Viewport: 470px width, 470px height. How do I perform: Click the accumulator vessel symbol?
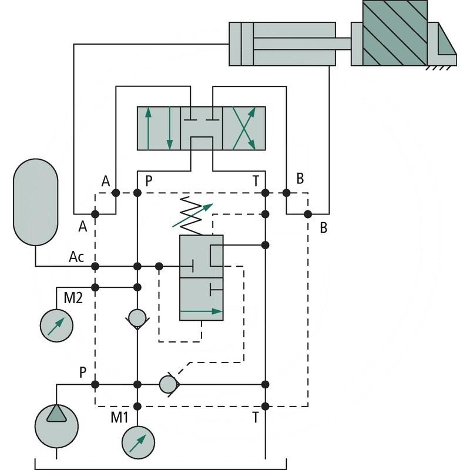35,201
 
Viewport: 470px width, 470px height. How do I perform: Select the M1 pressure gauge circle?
139,441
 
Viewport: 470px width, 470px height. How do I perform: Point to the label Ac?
76,257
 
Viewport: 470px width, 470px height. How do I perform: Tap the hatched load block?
395,33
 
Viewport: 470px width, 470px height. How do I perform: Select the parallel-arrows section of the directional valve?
158,129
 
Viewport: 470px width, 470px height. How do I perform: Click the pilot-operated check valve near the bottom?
169,384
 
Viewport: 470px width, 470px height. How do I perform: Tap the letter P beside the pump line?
84,372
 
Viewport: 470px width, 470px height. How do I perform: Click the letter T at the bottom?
256,418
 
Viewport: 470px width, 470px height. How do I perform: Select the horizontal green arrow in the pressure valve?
201,311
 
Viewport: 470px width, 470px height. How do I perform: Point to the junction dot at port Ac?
95,266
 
